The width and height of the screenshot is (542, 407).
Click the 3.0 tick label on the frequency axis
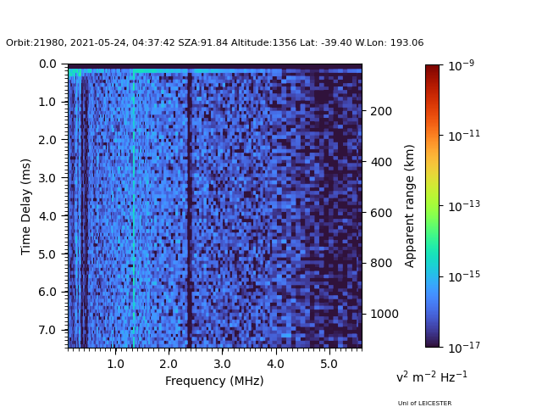coord(221,363)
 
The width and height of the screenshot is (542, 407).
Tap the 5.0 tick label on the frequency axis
coord(328,363)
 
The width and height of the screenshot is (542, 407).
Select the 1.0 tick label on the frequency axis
coord(115,363)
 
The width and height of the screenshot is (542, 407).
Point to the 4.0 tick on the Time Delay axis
coord(47,216)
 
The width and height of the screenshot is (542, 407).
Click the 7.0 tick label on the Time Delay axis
coord(47,330)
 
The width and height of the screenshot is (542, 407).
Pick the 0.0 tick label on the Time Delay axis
coord(47,64)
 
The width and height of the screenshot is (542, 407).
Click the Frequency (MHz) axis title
coord(214,381)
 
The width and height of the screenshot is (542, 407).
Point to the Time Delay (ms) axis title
coord(26,206)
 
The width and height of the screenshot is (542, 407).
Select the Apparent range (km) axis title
coord(410,205)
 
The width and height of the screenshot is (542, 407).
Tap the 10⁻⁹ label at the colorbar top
coord(461,64)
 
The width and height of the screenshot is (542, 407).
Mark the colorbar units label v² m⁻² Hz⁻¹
coord(431,376)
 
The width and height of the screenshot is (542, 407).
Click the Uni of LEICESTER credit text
coord(424,403)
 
